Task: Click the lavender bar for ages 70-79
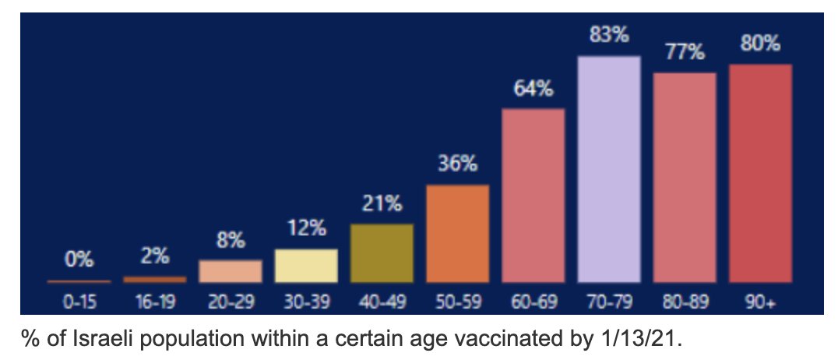tap(609, 168)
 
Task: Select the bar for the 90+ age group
tap(760, 173)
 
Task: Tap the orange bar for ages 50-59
tap(458, 233)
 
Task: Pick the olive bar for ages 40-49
tap(382, 253)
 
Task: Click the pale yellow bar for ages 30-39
tap(306, 266)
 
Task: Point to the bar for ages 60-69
tap(533, 195)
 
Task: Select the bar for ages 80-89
tap(685, 177)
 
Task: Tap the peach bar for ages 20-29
tap(231, 270)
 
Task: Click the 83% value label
tap(609, 36)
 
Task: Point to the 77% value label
tap(685, 53)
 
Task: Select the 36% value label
tap(458, 164)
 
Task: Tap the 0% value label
tap(79, 259)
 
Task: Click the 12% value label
tap(306, 229)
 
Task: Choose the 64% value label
tap(533, 89)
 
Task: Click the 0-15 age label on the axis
tap(79, 302)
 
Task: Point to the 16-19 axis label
tap(154, 302)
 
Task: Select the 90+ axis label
tap(760, 302)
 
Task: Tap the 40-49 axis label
tap(382, 302)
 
